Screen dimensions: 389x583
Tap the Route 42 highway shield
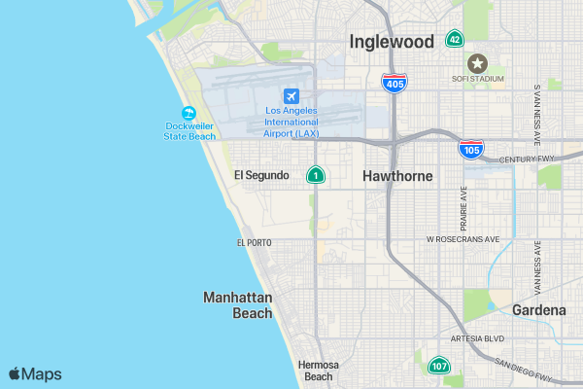[x=454, y=39]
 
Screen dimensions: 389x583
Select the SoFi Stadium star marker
[x=477, y=62]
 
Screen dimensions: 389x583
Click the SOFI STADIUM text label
[x=476, y=78]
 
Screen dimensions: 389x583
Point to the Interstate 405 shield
[x=394, y=84]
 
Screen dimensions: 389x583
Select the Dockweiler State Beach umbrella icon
[x=189, y=112]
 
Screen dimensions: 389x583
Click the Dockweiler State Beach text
[x=189, y=130]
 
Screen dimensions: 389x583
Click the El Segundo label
[x=261, y=175]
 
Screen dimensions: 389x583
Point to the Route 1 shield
[x=316, y=175]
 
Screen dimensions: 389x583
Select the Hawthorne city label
[x=397, y=176]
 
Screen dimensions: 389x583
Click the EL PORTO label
[x=254, y=242]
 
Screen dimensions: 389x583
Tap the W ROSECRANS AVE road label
[x=463, y=239]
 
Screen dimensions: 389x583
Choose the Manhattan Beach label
[x=238, y=304]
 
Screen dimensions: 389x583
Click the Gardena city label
[x=539, y=310]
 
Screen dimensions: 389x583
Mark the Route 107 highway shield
[x=439, y=367]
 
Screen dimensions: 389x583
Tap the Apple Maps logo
[x=35, y=373]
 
